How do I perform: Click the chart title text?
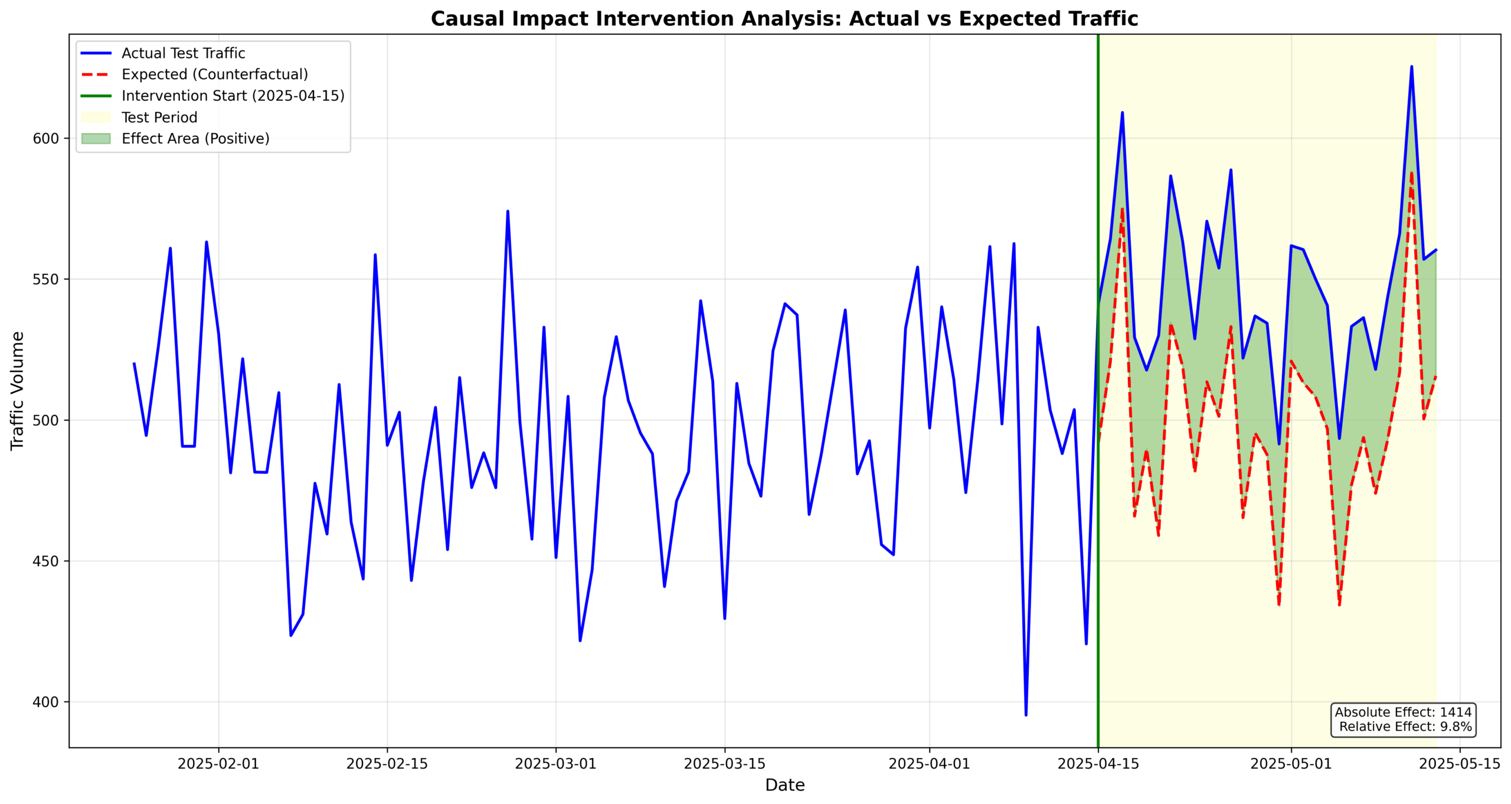tap(784, 19)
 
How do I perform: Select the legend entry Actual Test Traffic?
tap(183, 53)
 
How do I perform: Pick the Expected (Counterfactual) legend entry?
tap(214, 74)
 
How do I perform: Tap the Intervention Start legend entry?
tap(233, 96)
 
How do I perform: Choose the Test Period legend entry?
tap(159, 117)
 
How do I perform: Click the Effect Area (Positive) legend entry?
tap(195, 139)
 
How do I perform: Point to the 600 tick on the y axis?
tap(46, 139)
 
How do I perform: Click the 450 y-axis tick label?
tap(46, 561)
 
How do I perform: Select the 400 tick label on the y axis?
tap(46, 702)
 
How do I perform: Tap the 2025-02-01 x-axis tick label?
tap(218, 764)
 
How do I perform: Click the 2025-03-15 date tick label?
tap(724, 764)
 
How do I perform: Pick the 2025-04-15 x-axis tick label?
tap(1098, 764)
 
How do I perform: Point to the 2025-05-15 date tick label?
tap(1460, 764)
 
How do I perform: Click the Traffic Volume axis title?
tap(18, 391)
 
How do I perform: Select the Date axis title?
tap(784, 785)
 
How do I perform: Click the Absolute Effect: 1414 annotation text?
tap(1403, 713)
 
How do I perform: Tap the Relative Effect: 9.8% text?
tap(1405, 727)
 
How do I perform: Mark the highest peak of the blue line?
tap(1411, 67)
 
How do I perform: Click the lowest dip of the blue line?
tap(1026, 715)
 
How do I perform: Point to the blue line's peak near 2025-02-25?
tap(508, 211)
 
